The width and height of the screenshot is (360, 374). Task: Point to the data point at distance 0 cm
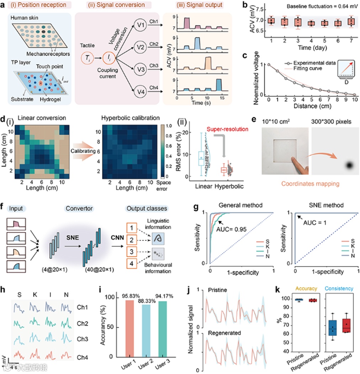tap(269, 64)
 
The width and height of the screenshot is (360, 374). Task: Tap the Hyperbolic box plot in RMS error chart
tap(224, 170)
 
